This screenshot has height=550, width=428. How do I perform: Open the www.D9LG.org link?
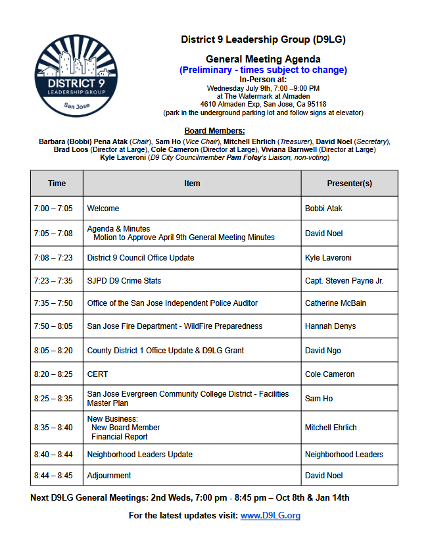click(x=270, y=515)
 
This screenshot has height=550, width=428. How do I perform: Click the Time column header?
click(x=57, y=184)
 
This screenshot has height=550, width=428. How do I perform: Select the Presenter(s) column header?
click(x=349, y=184)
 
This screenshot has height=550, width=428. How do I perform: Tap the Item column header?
click(x=192, y=184)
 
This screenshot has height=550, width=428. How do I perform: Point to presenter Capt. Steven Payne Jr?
click(x=344, y=281)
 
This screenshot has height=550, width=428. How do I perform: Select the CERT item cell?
click(x=97, y=374)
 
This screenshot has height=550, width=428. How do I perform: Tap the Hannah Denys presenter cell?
click(x=329, y=326)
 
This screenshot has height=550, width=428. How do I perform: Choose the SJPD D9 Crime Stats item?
click(x=124, y=281)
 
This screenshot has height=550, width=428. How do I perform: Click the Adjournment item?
click(x=109, y=476)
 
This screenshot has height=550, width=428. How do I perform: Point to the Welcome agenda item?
click(x=103, y=209)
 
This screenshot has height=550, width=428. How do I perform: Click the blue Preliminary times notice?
click(x=263, y=70)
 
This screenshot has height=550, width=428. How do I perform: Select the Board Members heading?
click(x=214, y=131)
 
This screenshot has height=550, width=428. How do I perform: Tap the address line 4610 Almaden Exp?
click(x=263, y=104)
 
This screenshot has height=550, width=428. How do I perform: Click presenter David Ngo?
click(x=323, y=351)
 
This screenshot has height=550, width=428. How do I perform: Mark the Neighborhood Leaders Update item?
click(x=140, y=455)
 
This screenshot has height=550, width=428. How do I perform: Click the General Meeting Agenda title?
click(x=263, y=59)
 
